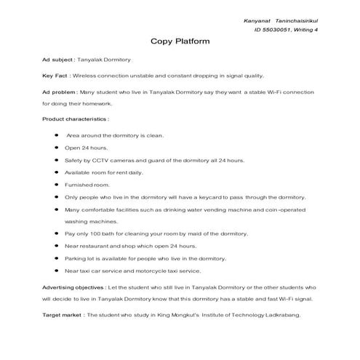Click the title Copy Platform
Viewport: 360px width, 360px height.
(180, 41)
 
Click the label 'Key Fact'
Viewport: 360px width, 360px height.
(55, 76)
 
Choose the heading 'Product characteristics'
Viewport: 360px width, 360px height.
(75, 118)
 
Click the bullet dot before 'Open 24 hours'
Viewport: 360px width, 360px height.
(56, 148)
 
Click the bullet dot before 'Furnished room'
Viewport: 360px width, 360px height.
(56, 185)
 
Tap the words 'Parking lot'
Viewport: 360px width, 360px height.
(79, 258)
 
